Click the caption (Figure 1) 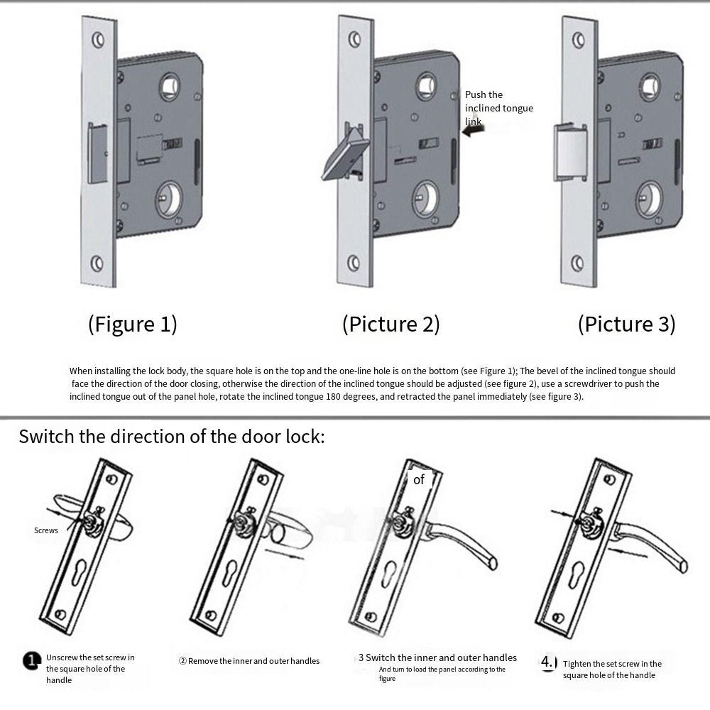pyautogui.click(x=132, y=324)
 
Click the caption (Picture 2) pyautogui.click(x=390, y=324)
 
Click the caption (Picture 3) pyautogui.click(x=626, y=324)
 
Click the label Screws pyautogui.click(x=46, y=530)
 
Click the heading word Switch pyautogui.click(x=46, y=436)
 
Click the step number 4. pyautogui.click(x=548, y=662)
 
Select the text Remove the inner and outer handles pyautogui.click(x=253, y=661)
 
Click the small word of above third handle pyautogui.click(x=419, y=480)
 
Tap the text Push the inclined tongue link pyautogui.click(x=498, y=108)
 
